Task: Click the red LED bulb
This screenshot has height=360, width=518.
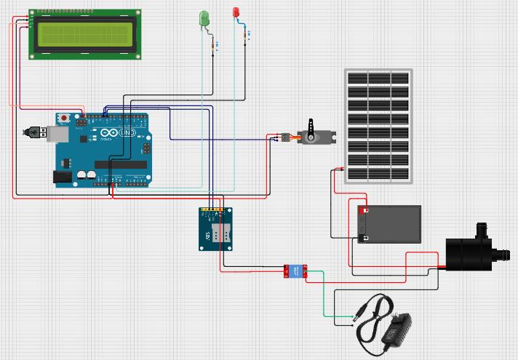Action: point(236,12)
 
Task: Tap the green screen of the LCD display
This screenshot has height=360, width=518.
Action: point(84,33)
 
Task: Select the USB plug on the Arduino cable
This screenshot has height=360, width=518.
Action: point(33,132)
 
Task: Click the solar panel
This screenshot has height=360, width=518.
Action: point(378,127)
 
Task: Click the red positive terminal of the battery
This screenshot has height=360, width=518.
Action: point(363,210)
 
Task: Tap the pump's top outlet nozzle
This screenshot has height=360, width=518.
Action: point(481,229)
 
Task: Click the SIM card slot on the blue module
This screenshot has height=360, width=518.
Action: point(221,233)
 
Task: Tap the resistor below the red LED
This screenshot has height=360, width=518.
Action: point(245,33)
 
